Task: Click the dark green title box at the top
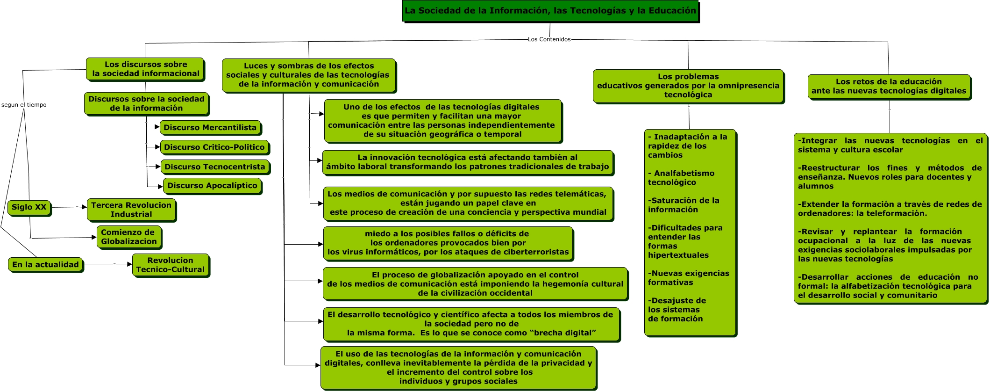point(550,11)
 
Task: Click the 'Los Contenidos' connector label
point(549,39)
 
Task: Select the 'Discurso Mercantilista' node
point(210,127)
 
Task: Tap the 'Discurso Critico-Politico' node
point(214,147)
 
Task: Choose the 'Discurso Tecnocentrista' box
point(214,167)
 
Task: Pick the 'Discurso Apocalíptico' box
point(212,185)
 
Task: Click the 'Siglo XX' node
point(29,207)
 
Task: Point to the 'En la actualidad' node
point(45,264)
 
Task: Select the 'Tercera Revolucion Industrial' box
point(131,210)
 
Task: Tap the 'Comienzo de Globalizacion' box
point(129,237)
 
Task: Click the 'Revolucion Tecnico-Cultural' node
point(171,265)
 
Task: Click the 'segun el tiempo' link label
point(24,105)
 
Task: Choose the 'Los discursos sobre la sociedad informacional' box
point(145,69)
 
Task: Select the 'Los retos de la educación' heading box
point(889,86)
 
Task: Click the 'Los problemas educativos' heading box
point(688,86)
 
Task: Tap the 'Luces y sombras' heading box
point(308,75)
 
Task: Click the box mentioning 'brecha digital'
point(471,324)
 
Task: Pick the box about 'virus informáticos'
point(448,243)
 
